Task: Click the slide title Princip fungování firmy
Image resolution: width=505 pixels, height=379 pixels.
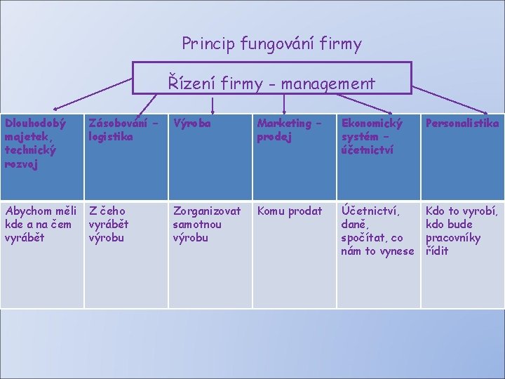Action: tap(271, 45)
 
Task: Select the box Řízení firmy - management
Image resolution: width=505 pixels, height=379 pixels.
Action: tap(272, 78)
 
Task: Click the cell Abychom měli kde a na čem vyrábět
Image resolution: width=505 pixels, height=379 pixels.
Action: tap(41, 253)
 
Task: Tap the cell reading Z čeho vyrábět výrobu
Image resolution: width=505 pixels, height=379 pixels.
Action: tap(126, 253)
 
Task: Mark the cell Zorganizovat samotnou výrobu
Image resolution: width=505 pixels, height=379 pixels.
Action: tap(210, 253)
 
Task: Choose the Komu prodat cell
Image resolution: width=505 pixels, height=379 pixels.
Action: tap(294, 253)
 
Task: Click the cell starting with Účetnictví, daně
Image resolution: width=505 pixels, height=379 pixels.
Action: tap(378, 253)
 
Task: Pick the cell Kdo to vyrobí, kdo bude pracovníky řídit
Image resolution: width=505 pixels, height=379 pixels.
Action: tap(462, 253)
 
